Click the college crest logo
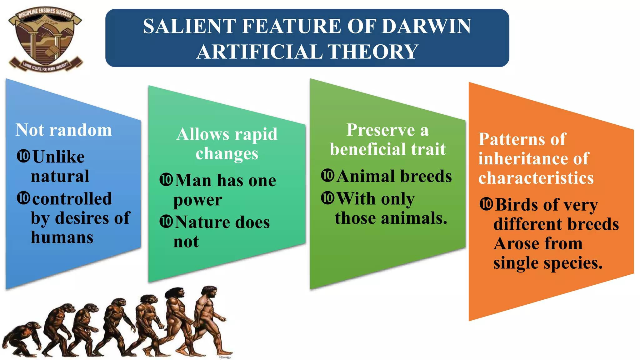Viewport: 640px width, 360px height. pyautogui.click(x=46, y=39)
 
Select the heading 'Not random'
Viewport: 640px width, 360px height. pyautogui.click(x=64, y=130)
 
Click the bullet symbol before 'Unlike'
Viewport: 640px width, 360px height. pyautogui.click(x=23, y=156)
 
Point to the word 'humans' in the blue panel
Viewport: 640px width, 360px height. pyautogui.click(x=62, y=237)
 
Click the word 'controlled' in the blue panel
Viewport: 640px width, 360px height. pyautogui.click(x=72, y=199)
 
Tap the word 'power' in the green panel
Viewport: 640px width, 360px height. pyautogui.click(x=197, y=200)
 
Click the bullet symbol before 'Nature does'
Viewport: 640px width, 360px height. pyautogui.click(x=166, y=222)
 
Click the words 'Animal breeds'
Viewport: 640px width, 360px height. pyautogui.click(x=394, y=176)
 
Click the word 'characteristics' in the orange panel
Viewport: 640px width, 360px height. pyautogui.click(x=536, y=178)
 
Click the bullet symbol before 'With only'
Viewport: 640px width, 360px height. pyautogui.click(x=328, y=198)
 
